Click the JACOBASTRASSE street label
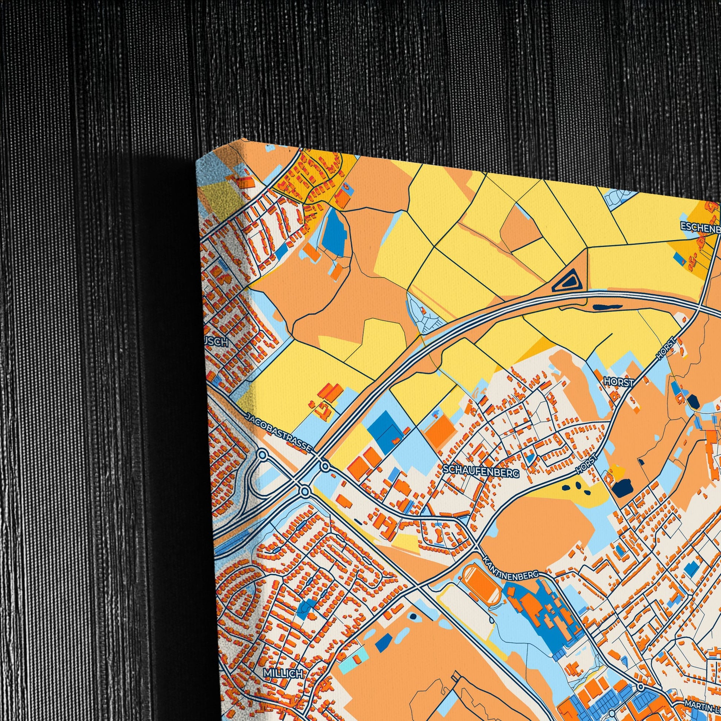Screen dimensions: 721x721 coord(279,433)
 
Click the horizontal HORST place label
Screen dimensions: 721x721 coord(619,382)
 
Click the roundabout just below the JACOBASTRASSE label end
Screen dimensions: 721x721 coord(325,467)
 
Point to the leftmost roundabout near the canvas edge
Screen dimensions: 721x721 coord(263,455)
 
